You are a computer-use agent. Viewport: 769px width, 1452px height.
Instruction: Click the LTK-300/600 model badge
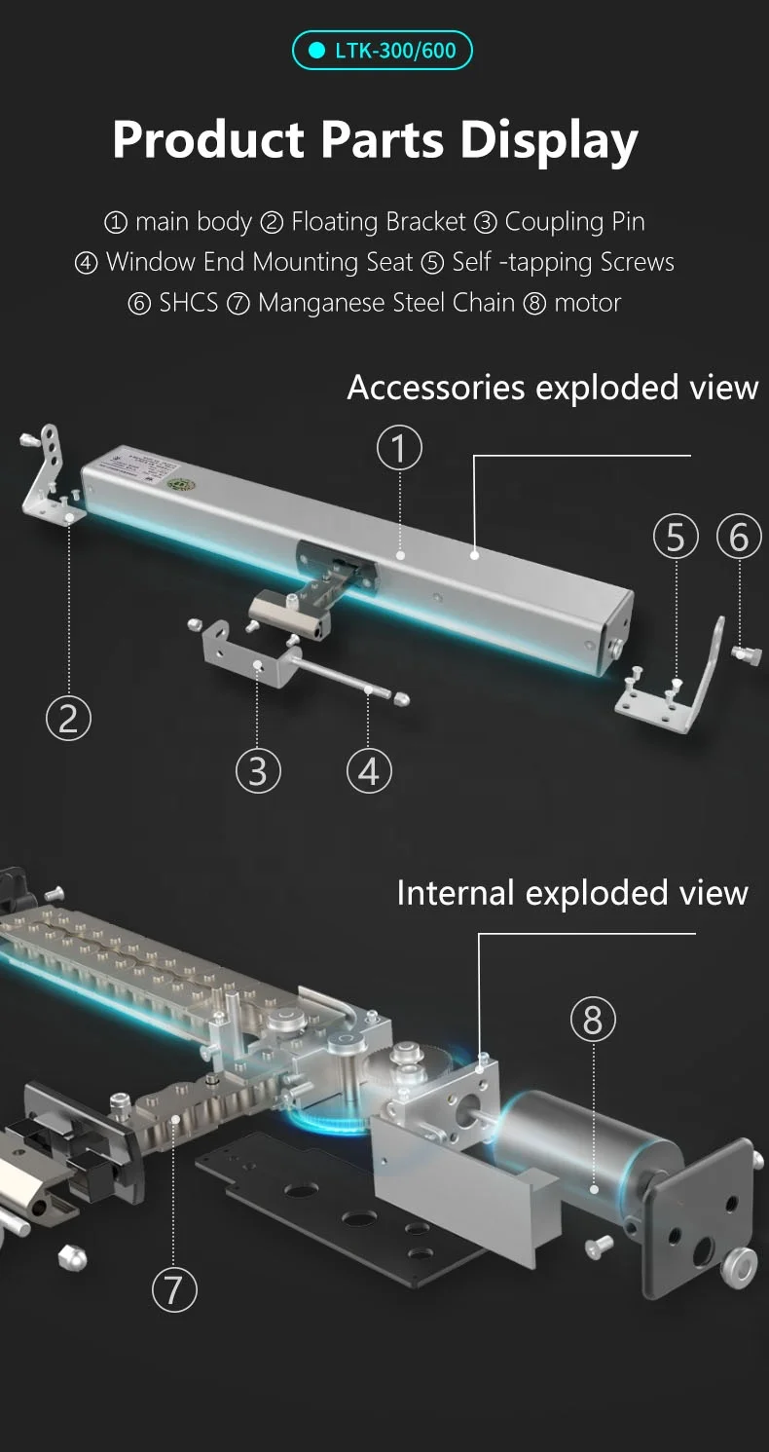(383, 51)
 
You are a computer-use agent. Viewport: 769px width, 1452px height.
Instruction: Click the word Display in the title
(549, 139)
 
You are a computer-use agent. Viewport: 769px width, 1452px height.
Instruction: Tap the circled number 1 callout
(399, 449)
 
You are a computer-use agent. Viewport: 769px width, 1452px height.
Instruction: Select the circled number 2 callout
(68, 719)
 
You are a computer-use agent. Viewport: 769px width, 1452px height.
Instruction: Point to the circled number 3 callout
(258, 771)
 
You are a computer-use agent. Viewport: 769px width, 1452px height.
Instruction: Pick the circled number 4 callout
(369, 771)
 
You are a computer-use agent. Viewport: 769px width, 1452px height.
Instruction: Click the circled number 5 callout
(676, 538)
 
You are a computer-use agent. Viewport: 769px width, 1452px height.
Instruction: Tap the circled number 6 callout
(739, 538)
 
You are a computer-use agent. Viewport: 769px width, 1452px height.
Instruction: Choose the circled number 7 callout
(174, 1289)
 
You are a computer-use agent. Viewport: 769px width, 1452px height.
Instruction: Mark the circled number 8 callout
(593, 1020)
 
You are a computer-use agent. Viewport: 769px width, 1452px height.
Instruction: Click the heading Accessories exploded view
(552, 388)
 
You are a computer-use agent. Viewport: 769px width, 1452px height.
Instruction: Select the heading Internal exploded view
(571, 893)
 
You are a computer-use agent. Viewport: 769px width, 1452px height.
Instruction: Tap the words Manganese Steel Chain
(385, 303)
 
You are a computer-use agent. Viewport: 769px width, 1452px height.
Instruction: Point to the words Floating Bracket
(378, 222)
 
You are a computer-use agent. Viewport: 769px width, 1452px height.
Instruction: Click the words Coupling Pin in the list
(573, 222)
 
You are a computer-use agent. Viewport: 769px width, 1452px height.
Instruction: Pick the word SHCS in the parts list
(189, 303)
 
